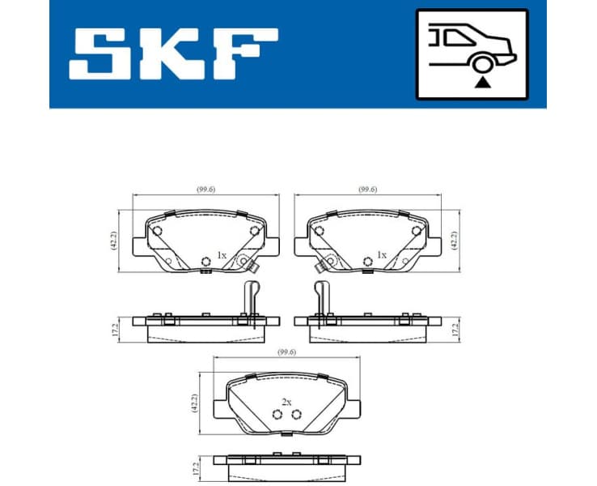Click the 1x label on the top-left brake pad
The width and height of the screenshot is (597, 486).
[221, 254]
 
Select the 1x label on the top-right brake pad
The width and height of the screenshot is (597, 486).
[382, 254]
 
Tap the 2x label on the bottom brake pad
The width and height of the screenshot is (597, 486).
[286, 401]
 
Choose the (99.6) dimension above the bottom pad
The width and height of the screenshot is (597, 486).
[286, 351]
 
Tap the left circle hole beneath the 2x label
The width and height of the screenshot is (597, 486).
[277, 415]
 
